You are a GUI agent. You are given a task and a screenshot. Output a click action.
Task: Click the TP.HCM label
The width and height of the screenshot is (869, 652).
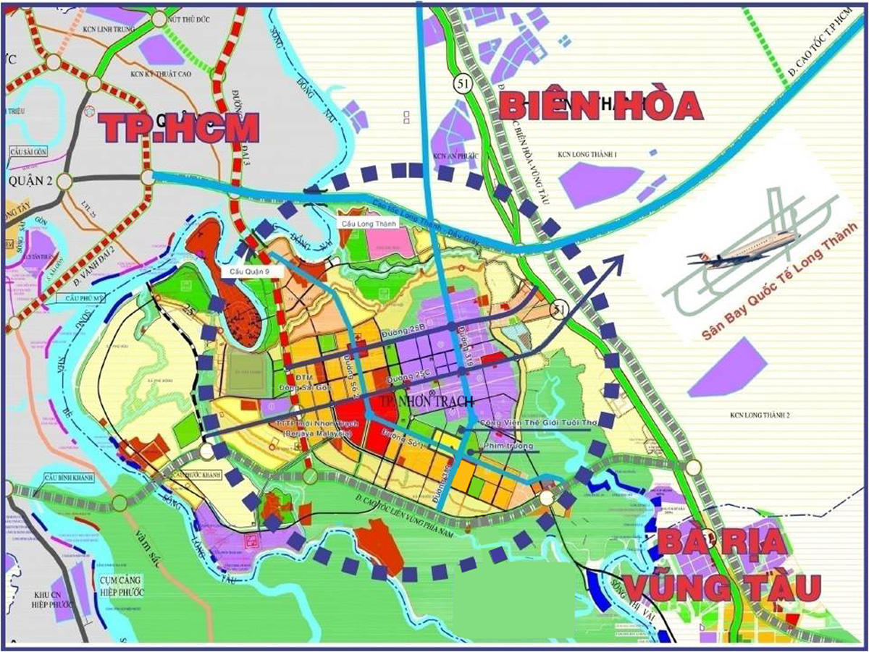click(178, 127)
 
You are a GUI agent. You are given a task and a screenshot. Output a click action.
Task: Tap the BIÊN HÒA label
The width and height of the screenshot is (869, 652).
click(600, 106)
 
